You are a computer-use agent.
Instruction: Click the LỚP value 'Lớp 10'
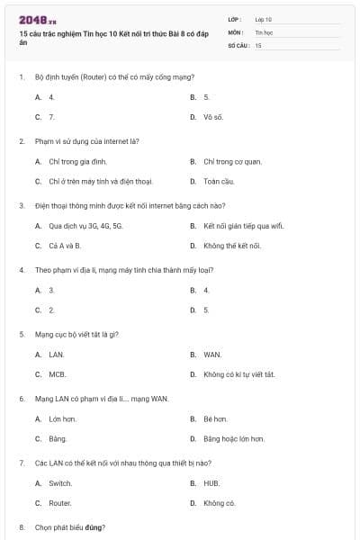(263, 18)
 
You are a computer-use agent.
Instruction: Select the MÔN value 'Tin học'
(263, 31)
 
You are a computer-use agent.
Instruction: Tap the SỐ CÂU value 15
(258, 44)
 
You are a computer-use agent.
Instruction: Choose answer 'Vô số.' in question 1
(213, 117)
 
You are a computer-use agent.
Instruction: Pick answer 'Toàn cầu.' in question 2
(219, 181)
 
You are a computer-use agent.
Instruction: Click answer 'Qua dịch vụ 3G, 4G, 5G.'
(85, 225)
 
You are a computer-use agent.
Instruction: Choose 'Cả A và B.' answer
(65, 245)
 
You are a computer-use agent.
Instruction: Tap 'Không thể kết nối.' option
(232, 245)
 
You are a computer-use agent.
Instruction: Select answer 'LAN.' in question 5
(57, 355)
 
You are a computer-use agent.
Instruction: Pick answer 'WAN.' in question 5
(212, 355)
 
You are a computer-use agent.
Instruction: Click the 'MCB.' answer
(58, 374)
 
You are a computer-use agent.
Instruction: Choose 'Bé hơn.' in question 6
(215, 418)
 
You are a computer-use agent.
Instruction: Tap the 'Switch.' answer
(60, 483)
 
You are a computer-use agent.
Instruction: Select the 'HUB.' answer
(212, 483)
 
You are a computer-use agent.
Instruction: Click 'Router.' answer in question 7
(60, 503)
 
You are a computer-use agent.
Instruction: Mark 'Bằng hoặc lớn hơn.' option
(233, 438)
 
